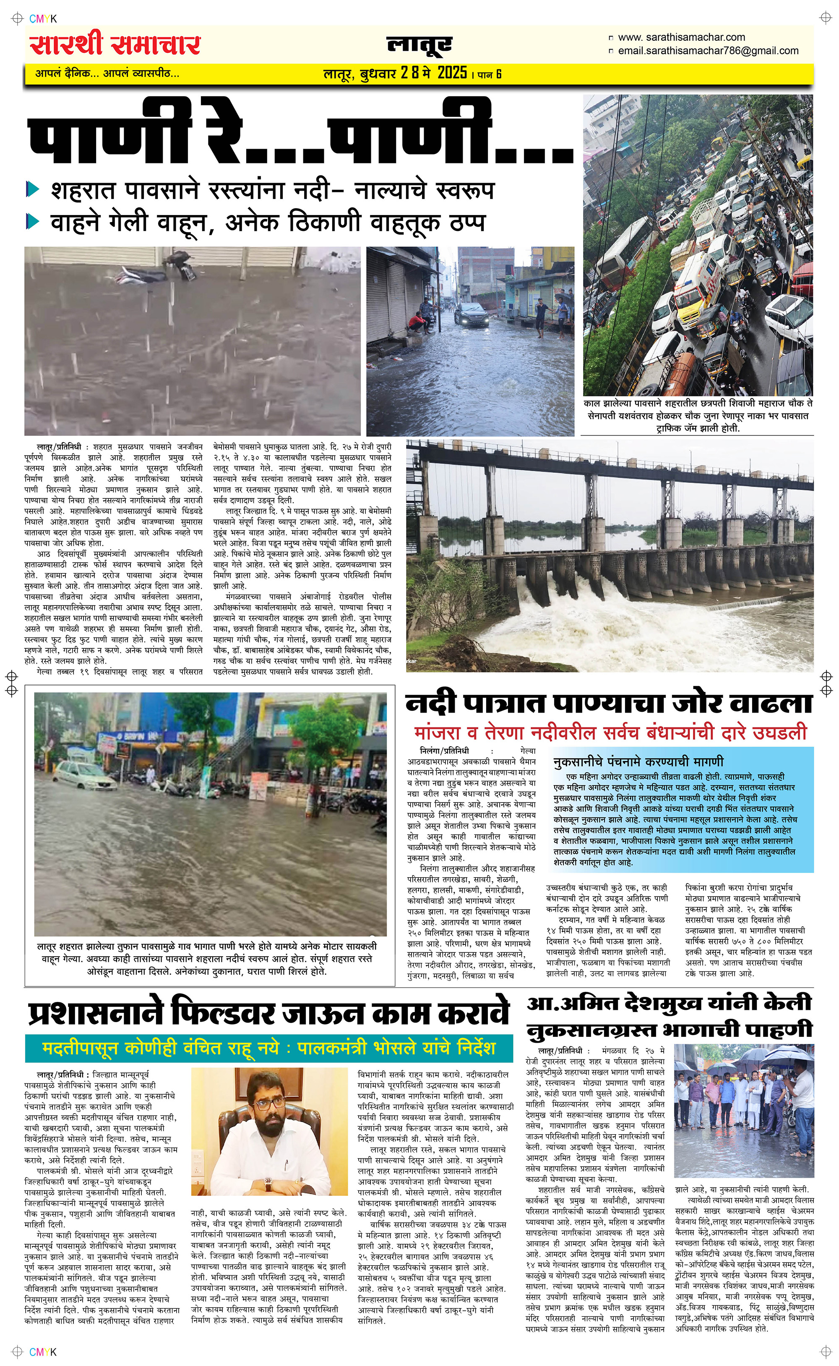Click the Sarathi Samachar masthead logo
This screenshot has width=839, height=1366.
coord(115,45)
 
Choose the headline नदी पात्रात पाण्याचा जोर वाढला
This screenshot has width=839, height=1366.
coord(609,703)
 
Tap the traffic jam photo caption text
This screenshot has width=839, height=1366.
coord(698,415)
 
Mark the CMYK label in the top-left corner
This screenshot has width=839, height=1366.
coord(43,19)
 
